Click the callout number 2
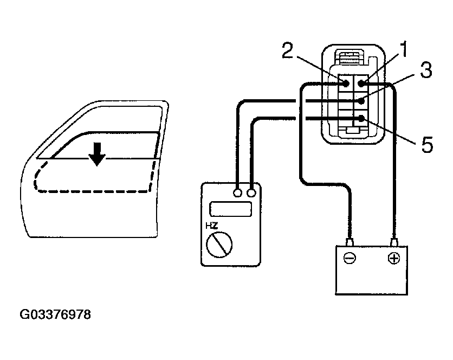(288, 52)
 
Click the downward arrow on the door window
(98, 154)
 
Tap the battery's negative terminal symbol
(350, 259)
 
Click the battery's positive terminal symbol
(393, 259)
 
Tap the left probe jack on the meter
(237, 192)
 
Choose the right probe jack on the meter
(251, 192)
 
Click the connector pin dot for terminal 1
(360, 83)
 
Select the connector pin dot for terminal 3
(360, 101)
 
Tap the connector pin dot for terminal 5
(360, 119)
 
